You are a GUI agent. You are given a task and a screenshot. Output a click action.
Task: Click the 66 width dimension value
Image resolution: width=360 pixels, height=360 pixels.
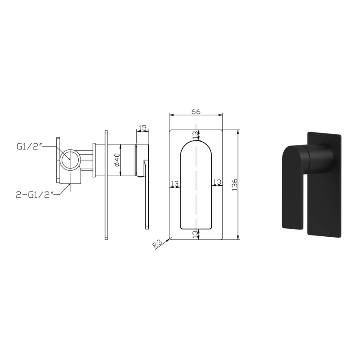(x=196, y=112)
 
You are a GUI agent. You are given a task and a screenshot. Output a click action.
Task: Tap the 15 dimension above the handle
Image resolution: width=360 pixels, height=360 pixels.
(x=142, y=128)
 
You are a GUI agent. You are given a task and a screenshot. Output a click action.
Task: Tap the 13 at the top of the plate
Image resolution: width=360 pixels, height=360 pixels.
(x=195, y=135)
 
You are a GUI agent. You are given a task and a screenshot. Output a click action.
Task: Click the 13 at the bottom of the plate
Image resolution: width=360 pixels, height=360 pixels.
(x=195, y=234)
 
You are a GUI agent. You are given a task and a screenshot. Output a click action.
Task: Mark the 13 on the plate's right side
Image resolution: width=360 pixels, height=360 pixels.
(x=217, y=182)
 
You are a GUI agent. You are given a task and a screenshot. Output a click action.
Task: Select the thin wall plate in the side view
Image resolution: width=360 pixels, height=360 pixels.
(x=105, y=184)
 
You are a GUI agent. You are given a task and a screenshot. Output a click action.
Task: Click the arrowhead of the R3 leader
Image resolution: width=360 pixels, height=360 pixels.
(x=170, y=239)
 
